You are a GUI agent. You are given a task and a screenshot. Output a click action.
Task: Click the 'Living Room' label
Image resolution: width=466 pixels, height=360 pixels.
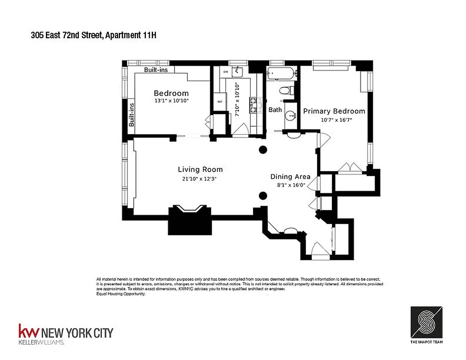pyautogui.click(x=200, y=170)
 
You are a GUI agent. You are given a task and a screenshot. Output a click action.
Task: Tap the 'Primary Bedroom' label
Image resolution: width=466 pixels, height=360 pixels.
pyautogui.click(x=334, y=111)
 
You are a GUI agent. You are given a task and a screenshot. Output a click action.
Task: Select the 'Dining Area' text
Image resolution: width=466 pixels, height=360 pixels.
pyautogui.click(x=288, y=177)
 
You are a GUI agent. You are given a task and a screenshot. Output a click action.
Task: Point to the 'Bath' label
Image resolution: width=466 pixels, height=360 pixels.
pyautogui.click(x=275, y=109)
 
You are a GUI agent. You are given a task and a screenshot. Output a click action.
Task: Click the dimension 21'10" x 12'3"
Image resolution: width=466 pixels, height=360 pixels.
pyautogui.click(x=200, y=179)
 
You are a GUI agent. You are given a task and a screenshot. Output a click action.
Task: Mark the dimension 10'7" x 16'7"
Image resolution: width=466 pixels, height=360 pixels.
pyautogui.click(x=334, y=120)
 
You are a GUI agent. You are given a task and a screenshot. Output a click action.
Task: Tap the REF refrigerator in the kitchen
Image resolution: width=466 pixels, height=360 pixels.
pyautogui.click(x=220, y=102)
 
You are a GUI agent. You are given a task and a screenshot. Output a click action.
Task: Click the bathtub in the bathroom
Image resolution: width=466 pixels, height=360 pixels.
pyautogui.click(x=280, y=72)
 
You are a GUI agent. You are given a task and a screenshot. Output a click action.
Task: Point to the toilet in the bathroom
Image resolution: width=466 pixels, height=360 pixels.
pyautogui.click(x=285, y=90)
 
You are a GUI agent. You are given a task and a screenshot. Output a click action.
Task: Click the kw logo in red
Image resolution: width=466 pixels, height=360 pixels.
pyautogui.click(x=28, y=332)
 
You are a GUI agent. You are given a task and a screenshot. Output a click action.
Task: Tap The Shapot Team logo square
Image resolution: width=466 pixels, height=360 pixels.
pyautogui.click(x=426, y=322)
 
